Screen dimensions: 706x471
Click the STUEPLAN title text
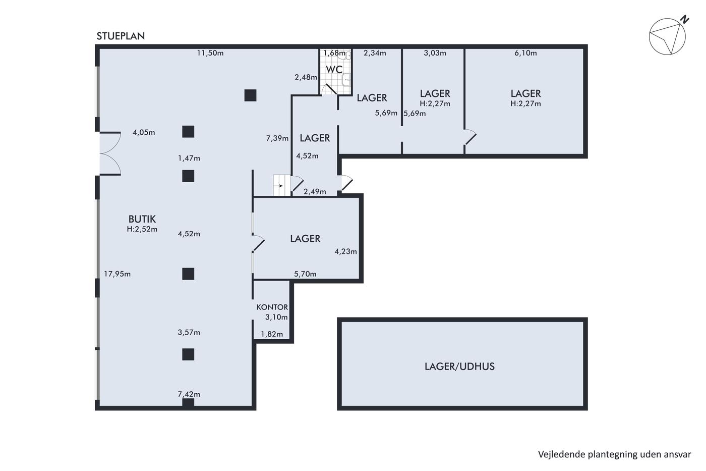click(121, 36)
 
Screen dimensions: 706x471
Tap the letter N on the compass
click(685, 20)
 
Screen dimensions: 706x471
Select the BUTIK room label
click(142, 219)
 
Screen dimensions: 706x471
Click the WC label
click(334, 69)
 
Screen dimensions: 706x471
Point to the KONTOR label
click(272, 307)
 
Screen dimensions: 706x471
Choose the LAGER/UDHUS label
click(459, 367)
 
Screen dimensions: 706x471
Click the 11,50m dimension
click(210, 53)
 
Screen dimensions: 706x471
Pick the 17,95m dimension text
click(117, 274)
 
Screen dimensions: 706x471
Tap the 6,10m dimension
click(525, 53)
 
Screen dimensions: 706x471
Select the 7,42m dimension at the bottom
click(189, 394)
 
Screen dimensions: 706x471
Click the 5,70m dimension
click(305, 274)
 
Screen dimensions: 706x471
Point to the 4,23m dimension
click(346, 251)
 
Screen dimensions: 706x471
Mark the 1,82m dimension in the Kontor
click(272, 334)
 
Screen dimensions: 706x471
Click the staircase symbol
click(282, 185)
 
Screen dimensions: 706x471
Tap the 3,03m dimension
click(435, 53)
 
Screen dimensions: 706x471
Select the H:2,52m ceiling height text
click(142, 229)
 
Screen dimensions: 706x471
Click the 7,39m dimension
click(277, 138)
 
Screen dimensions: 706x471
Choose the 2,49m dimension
click(315, 191)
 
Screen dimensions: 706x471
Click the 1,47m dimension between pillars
click(189, 158)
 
